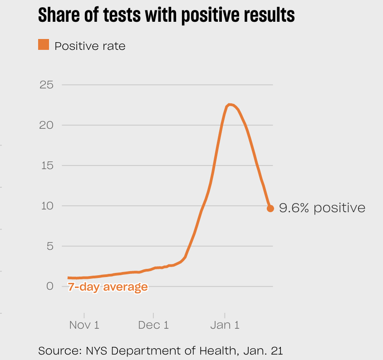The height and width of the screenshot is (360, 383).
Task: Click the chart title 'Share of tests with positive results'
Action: (x=166, y=15)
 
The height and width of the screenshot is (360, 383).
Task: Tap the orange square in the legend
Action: (x=44, y=45)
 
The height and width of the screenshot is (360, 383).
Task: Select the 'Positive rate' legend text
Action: (x=90, y=46)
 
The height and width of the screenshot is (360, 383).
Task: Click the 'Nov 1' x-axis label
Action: (x=84, y=325)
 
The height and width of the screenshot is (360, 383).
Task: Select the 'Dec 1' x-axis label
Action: (x=153, y=325)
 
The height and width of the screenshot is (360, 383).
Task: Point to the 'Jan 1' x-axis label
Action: (x=224, y=325)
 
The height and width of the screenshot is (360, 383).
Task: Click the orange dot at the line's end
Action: (x=270, y=209)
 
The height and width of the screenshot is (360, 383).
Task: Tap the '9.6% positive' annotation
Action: (x=322, y=208)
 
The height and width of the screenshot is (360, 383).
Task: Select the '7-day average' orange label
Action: (x=108, y=287)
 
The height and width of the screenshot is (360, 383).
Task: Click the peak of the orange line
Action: (x=230, y=105)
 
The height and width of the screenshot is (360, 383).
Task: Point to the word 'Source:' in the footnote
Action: (x=56, y=350)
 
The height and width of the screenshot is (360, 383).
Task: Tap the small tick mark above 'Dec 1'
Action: (x=153, y=315)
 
